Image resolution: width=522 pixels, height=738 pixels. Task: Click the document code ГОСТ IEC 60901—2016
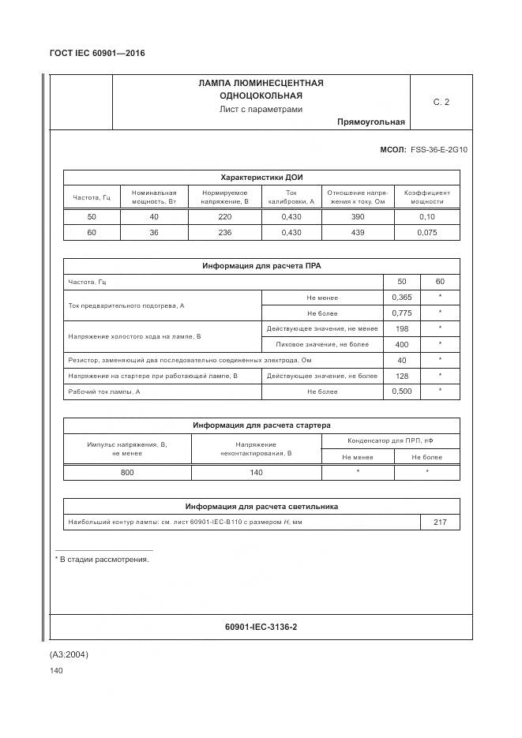click(x=97, y=54)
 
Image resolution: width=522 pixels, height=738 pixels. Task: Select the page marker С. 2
click(x=441, y=102)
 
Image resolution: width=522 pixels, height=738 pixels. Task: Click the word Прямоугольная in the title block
click(x=370, y=122)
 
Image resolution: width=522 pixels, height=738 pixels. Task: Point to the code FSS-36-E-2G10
click(x=439, y=148)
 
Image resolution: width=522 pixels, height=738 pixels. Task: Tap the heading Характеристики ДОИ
click(x=261, y=178)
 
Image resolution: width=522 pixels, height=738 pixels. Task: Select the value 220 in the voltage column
click(x=224, y=216)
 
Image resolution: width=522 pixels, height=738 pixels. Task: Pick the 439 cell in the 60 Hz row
click(x=357, y=233)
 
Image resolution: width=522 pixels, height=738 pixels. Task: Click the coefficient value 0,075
click(x=426, y=233)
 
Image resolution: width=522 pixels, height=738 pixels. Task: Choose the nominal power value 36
click(x=154, y=233)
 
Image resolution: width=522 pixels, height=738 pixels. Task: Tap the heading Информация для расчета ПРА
click(x=261, y=266)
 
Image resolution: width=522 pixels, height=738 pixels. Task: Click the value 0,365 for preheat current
click(x=402, y=298)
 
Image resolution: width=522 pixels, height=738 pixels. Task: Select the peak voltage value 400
click(x=402, y=344)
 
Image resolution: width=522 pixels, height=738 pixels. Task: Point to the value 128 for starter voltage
click(x=402, y=376)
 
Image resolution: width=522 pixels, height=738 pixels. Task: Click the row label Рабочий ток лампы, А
click(x=104, y=391)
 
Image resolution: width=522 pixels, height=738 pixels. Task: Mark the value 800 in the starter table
click(x=127, y=472)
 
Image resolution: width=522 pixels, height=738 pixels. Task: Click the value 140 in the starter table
click(x=256, y=472)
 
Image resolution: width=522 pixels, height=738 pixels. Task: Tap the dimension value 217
click(x=440, y=523)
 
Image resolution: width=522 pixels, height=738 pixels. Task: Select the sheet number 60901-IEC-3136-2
click(x=261, y=627)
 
